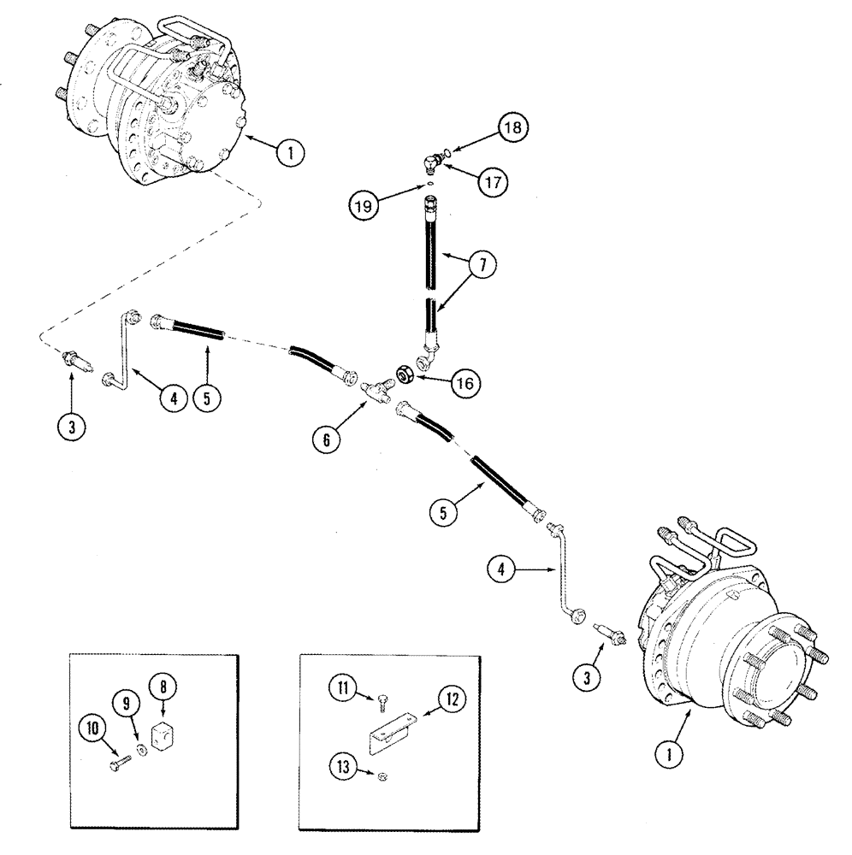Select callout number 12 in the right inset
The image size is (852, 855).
[453, 699]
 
